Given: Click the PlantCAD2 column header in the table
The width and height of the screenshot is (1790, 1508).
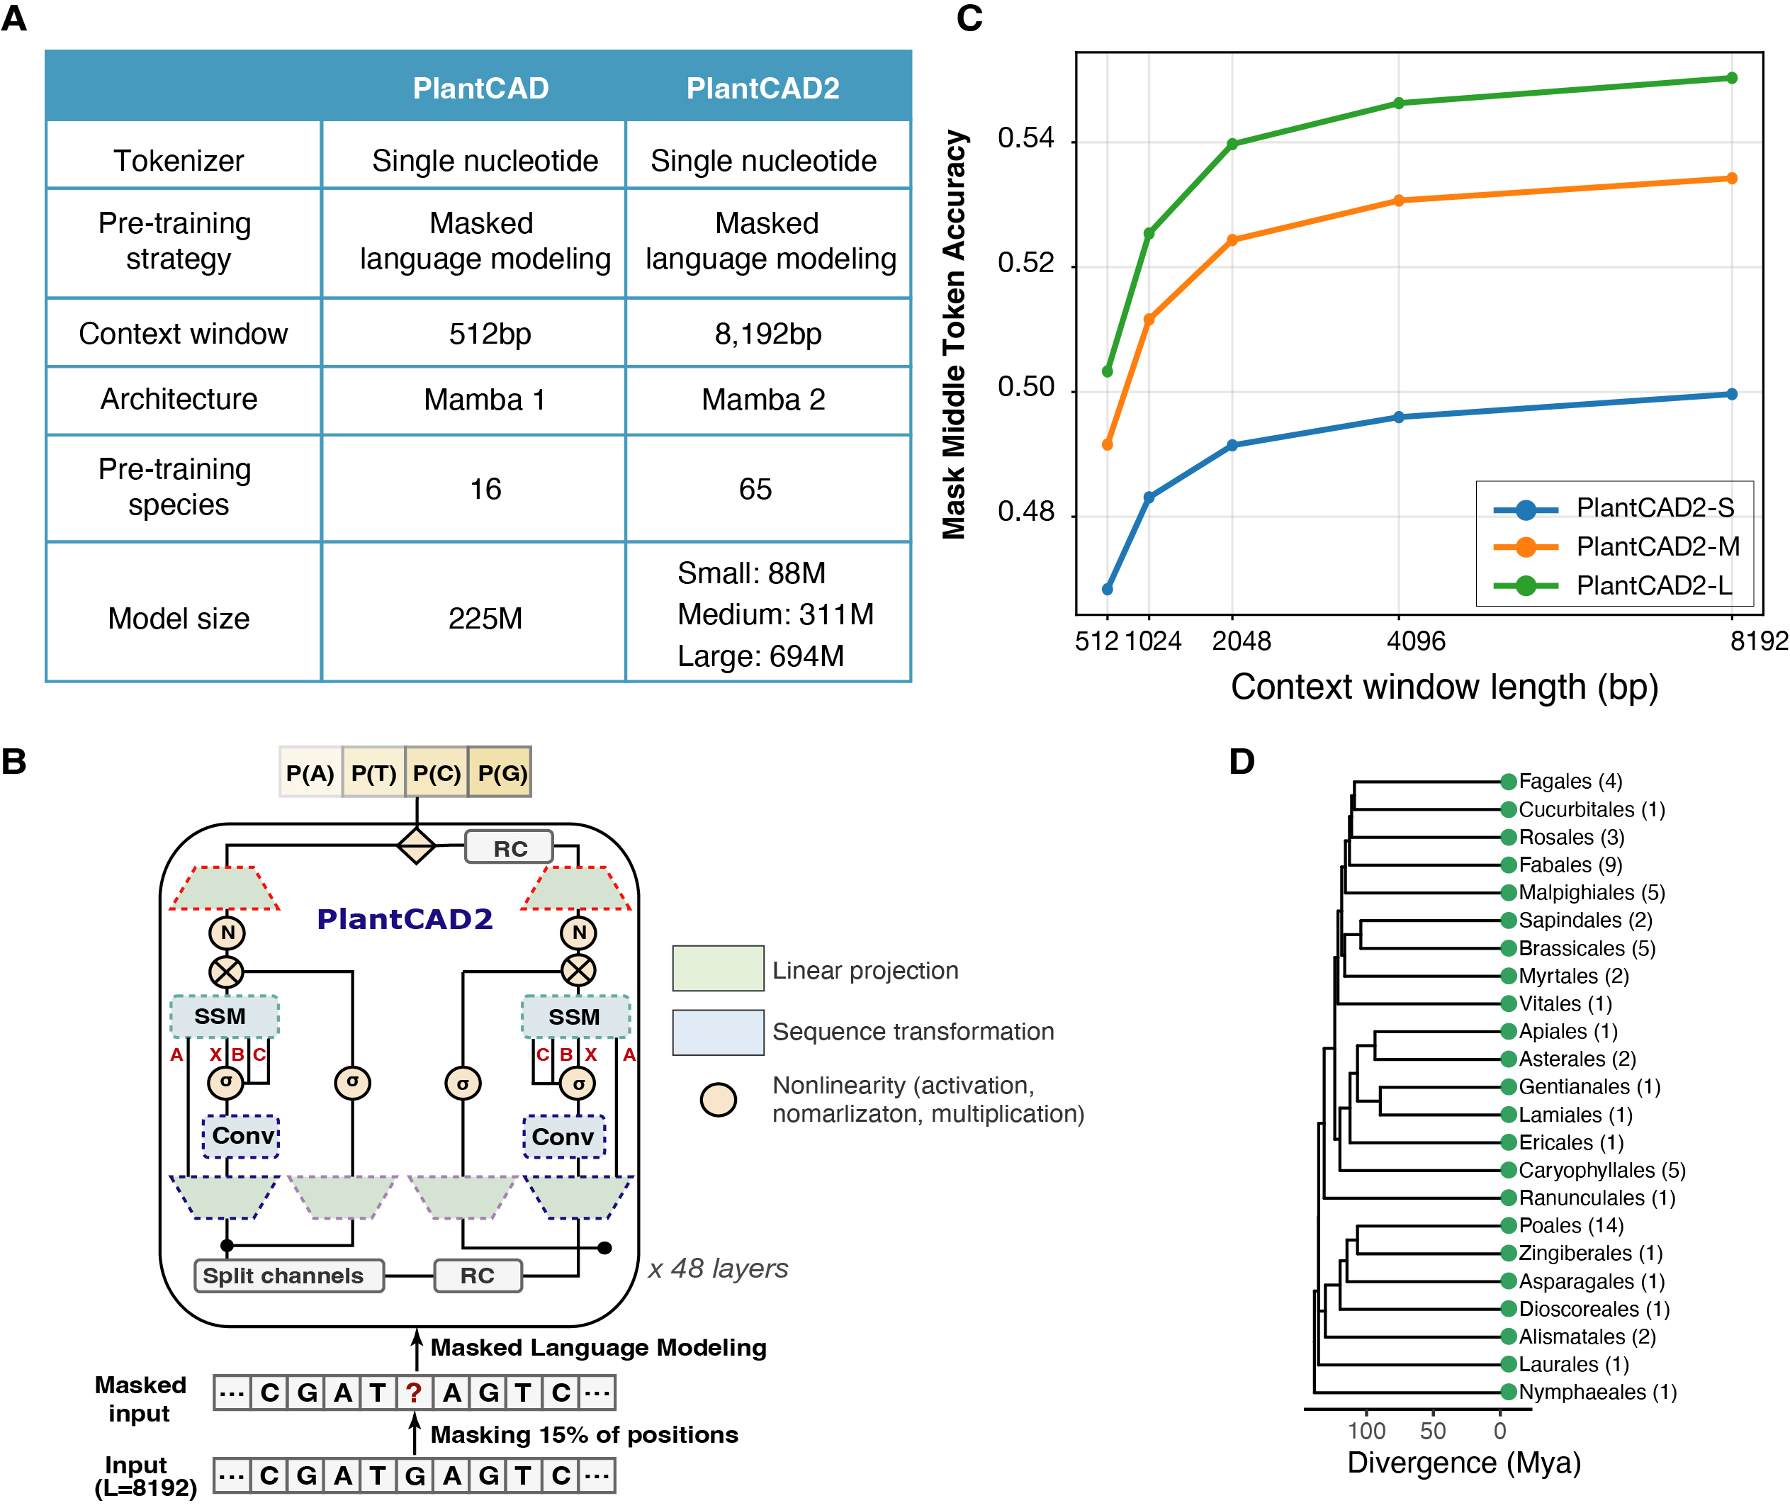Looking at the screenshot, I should point(762,88).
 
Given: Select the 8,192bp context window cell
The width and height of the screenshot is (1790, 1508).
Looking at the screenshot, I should point(767,333).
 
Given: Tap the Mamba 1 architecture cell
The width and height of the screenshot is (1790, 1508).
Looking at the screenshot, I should point(485,399).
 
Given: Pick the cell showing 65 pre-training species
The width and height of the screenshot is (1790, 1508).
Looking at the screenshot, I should point(755,489).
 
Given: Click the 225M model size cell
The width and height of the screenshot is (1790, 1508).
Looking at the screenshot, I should point(485,618).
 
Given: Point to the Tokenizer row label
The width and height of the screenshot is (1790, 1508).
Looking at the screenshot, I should point(179,161).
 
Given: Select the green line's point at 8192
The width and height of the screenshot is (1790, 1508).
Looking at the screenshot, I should point(1732,78).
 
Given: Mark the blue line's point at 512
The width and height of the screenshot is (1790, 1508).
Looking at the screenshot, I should point(1107,589).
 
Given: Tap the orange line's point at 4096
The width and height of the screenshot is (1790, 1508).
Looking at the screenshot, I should point(1399,201).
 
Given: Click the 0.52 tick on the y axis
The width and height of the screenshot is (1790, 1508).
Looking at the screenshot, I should point(1026,264).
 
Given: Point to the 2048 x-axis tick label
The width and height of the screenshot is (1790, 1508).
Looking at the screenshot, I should point(1242,641).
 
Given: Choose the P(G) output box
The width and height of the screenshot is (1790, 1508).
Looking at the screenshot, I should point(501,773).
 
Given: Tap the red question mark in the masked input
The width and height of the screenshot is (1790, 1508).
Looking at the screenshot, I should point(414,1392).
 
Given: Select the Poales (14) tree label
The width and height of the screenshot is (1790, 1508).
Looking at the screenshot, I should point(1570,1225).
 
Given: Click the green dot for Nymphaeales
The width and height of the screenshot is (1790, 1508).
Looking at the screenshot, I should point(1508,1392).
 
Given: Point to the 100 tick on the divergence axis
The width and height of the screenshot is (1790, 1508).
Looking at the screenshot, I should point(1366,1430).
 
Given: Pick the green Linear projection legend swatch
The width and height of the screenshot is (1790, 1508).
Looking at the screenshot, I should point(717,969).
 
